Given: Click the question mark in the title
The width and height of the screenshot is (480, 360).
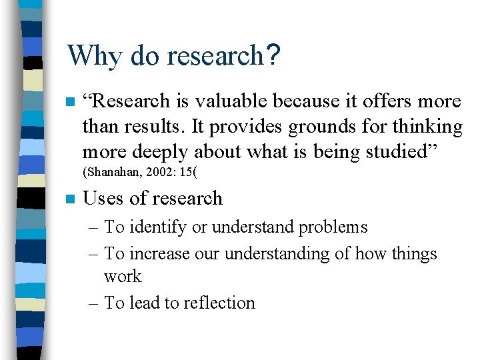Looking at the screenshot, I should pyautogui.click(x=271, y=55).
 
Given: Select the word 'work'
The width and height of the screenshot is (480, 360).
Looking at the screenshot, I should pyautogui.click(x=123, y=277).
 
